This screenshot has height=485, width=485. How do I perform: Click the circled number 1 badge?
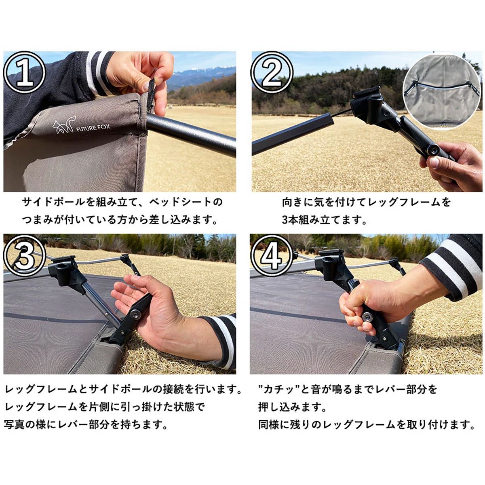tap(24, 73)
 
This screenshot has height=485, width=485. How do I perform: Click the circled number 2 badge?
tap(272, 73)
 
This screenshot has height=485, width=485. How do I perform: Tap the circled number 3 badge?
tap(24, 255)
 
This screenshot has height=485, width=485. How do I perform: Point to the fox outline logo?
tap(64, 124)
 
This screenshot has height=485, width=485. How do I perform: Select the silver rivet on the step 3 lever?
tap(136, 314)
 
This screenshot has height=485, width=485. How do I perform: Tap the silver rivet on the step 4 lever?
tap(367, 316)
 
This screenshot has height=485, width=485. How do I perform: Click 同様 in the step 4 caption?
tap(268, 432)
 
